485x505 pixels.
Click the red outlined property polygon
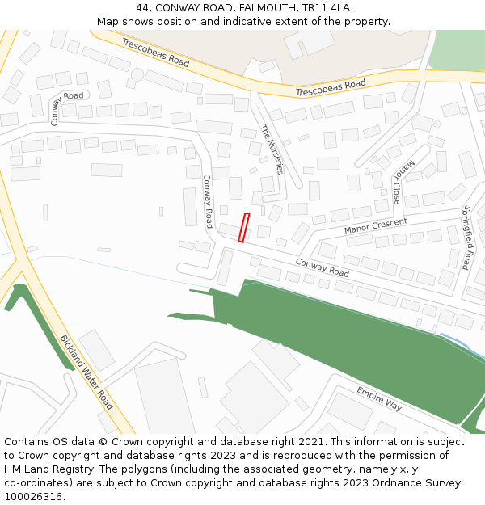tap(243, 227)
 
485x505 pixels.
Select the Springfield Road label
tap(466, 238)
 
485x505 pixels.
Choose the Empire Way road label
tap(379, 399)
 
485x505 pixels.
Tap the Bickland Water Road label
tap(86, 372)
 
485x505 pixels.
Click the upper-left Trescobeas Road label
tap(156, 52)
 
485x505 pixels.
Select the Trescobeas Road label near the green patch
tap(330, 87)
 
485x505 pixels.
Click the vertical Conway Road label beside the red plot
tap(208, 201)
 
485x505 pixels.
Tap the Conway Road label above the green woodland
tap(323, 267)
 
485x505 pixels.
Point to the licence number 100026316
tap(34, 497)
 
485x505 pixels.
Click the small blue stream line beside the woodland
tap(457, 340)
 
